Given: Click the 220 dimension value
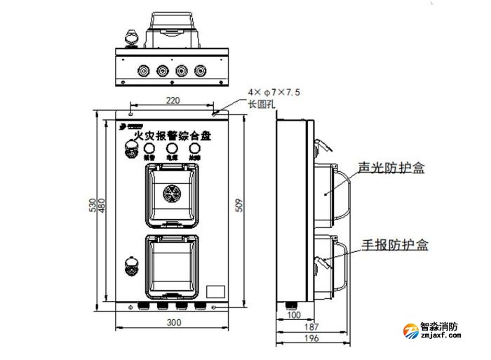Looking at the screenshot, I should (173, 100).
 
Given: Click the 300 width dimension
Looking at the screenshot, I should (173, 322).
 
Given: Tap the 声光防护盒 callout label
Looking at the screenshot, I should (392, 168).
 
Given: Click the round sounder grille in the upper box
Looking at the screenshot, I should (173, 193).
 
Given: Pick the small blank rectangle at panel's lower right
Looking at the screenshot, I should (216, 290).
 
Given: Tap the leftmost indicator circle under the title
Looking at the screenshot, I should (150, 148).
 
